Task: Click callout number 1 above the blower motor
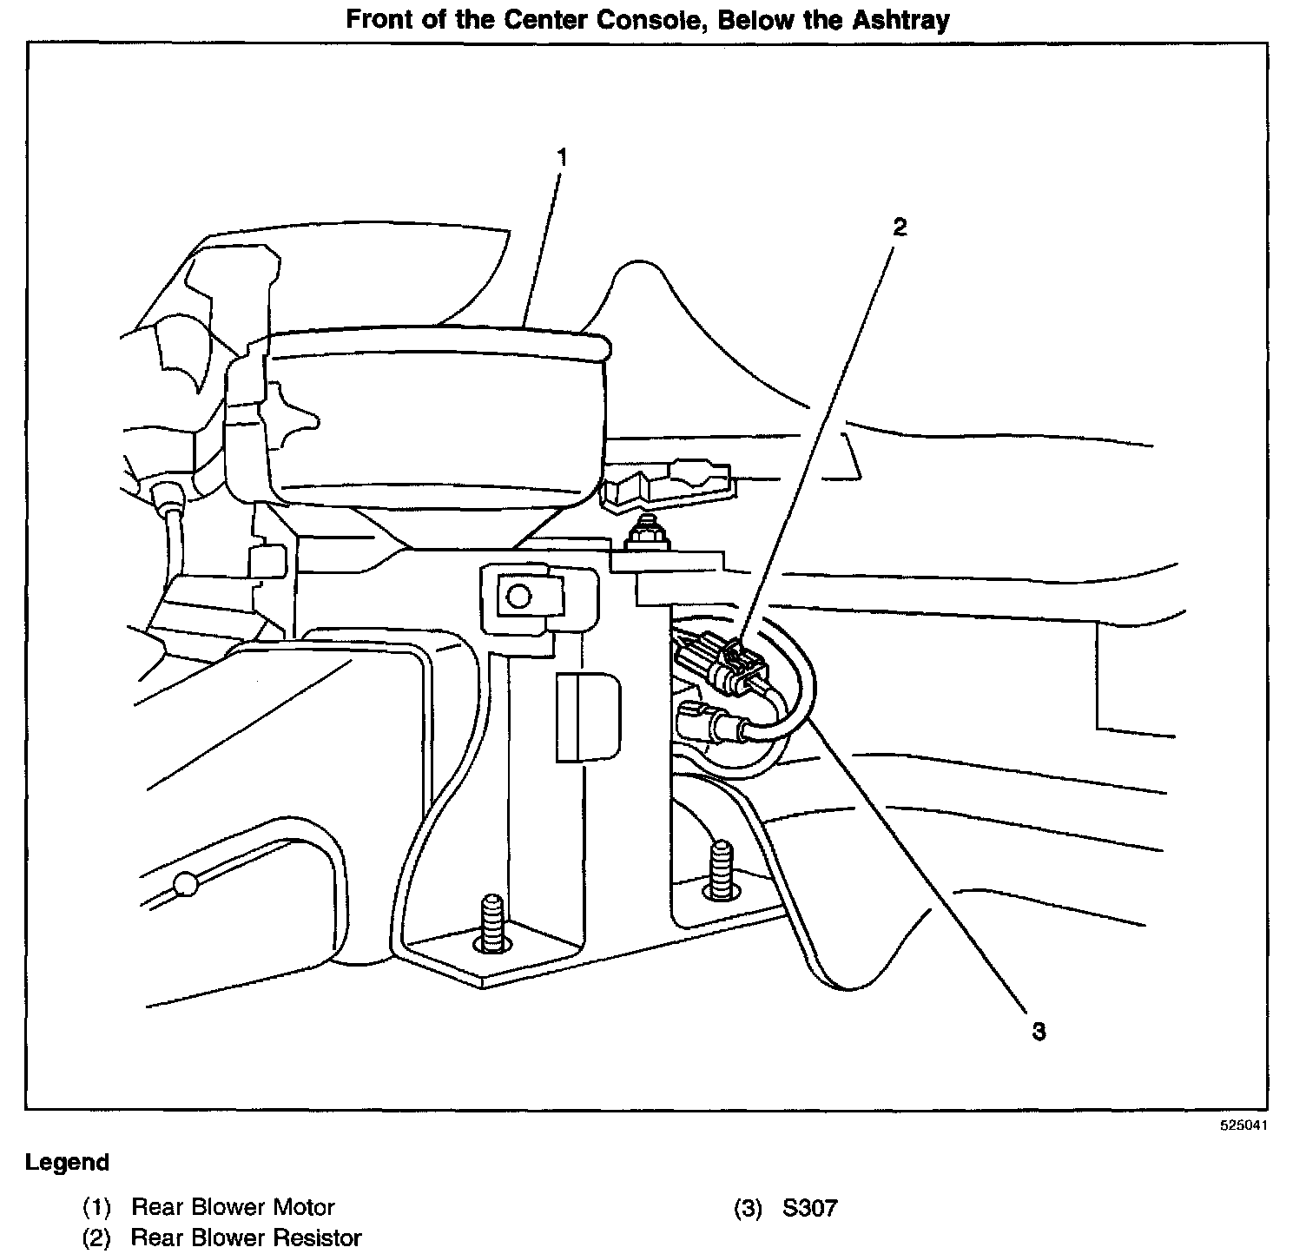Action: (x=562, y=157)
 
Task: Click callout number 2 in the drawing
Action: (x=900, y=228)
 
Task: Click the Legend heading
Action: (x=68, y=1162)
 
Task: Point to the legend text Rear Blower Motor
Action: (x=233, y=1207)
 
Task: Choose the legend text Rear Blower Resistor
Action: (x=246, y=1237)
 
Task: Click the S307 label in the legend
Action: (x=809, y=1207)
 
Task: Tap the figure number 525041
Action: (x=1243, y=1125)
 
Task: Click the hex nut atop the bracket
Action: (x=647, y=534)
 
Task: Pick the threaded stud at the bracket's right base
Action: (x=720, y=868)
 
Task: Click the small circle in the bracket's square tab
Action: (x=518, y=597)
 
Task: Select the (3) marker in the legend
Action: (x=747, y=1207)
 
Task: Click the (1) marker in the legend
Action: (x=96, y=1207)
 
